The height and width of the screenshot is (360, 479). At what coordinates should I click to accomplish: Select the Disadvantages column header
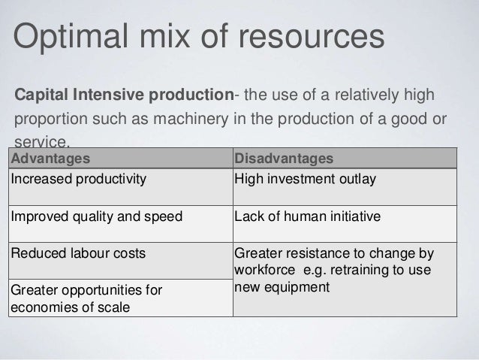click(x=284, y=159)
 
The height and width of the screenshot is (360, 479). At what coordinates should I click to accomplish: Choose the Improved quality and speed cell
click(x=96, y=216)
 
